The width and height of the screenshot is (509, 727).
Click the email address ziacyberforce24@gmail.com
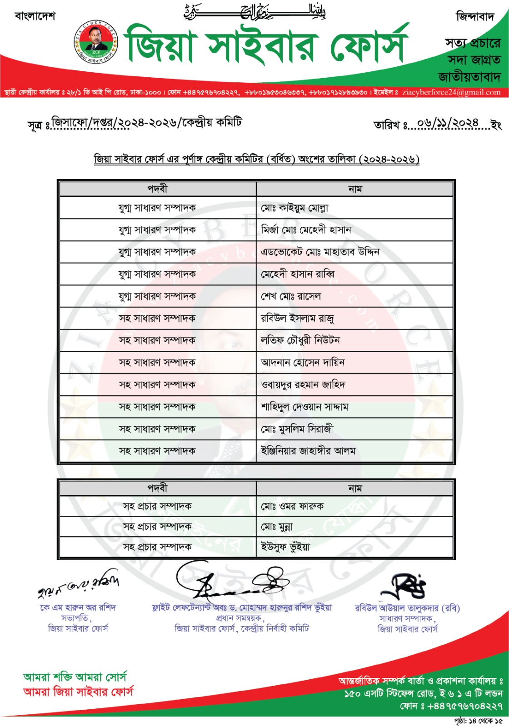pos(451,92)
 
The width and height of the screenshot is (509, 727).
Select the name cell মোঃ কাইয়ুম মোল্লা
pos(294,208)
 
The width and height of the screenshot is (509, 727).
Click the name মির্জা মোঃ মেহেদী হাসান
pos(306,230)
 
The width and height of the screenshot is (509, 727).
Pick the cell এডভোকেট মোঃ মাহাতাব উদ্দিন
pos(320,252)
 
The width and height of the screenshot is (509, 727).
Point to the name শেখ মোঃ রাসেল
pos(291,296)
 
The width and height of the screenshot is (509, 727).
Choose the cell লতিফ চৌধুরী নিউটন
pos(300,340)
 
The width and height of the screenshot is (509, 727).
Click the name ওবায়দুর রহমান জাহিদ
pos(303,385)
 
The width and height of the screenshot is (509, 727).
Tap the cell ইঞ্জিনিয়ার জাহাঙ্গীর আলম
pos(308,451)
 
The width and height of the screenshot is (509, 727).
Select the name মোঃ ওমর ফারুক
pos(292,506)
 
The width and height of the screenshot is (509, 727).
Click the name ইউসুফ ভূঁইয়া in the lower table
pos(285,547)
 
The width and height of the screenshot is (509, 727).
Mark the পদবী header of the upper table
pos(157,189)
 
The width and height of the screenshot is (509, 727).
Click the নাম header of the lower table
pos(355,488)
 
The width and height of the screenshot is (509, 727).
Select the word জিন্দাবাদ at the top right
pos(475,17)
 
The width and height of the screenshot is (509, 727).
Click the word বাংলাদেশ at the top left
pos(35,16)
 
